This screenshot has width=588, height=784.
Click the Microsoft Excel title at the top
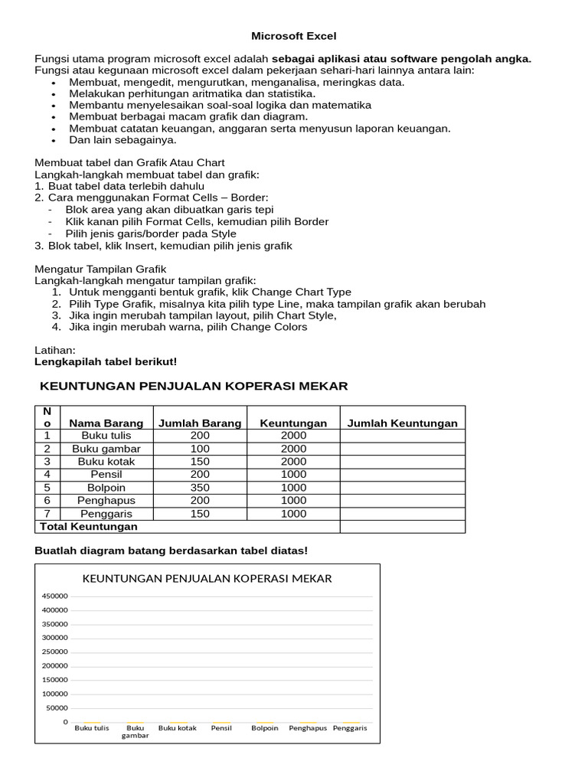tap(295, 36)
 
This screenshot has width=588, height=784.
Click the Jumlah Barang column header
tap(199, 423)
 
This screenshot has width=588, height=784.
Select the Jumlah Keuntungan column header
tap(402, 423)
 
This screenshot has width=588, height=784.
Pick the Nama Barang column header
tap(106, 423)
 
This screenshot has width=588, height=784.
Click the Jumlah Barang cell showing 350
tap(199, 488)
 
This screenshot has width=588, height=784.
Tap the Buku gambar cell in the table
tap(106, 449)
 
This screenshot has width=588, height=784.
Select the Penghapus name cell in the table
tap(106, 501)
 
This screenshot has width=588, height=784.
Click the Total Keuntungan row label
tap(88, 527)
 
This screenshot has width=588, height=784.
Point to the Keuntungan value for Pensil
tap(293, 475)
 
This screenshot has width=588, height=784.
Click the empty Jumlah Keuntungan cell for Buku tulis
tap(402, 436)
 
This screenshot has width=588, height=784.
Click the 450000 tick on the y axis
tap(55, 596)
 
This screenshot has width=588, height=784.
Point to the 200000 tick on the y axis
tap(55, 666)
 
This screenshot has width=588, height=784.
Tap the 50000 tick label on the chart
tap(57, 708)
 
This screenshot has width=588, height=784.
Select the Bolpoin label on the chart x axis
tap(264, 728)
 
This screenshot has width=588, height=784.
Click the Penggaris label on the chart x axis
tap(350, 728)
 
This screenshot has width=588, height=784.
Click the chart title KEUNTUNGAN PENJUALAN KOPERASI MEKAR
tap(207, 579)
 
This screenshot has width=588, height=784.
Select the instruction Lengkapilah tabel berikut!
tap(106, 361)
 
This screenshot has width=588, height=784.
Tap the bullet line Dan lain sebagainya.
tap(122, 140)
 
